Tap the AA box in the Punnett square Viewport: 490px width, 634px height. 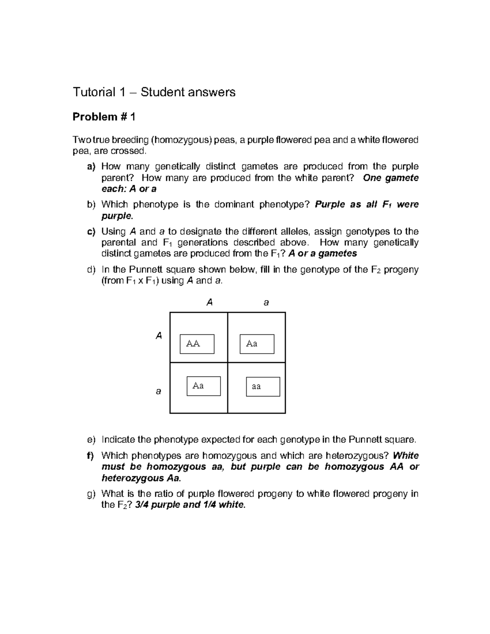tap(197, 344)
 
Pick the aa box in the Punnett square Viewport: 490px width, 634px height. tap(263, 387)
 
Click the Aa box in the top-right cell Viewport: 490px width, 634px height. tap(257, 344)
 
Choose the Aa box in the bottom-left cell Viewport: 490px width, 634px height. tap(204, 386)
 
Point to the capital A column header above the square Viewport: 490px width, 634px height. tap(210, 303)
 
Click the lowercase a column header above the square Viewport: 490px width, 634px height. tap(266, 303)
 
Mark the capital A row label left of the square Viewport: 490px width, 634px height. tap(159, 336)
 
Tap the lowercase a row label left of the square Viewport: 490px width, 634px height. tap(158, 391)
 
